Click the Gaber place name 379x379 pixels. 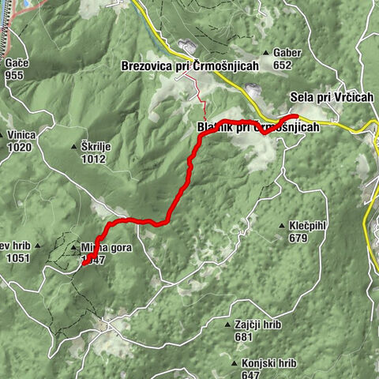(x=287, y=52)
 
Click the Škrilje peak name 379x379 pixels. (x=96, y=146)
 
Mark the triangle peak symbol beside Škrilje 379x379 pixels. (x=73, y=147)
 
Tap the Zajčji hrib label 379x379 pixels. (x=254, y=325)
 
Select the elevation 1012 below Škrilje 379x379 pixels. (x=93, y=158)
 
